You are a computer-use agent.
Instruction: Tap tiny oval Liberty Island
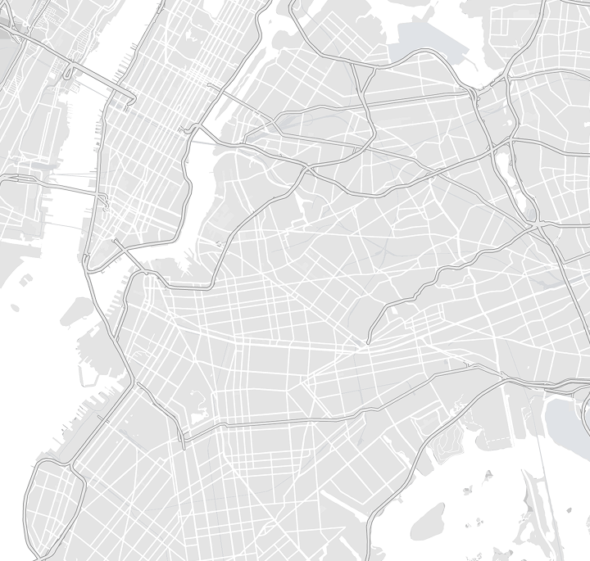[x=15, y=308]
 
